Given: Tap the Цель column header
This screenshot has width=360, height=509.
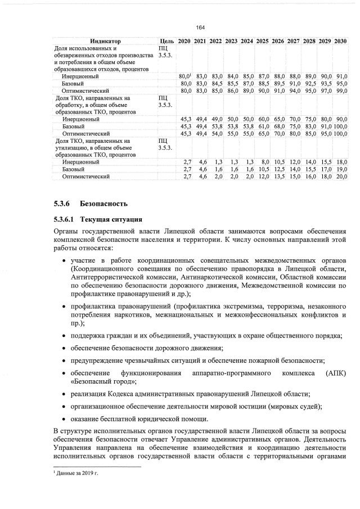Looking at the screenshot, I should click(166, 42).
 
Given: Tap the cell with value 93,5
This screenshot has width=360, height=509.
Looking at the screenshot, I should click(326, 83).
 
